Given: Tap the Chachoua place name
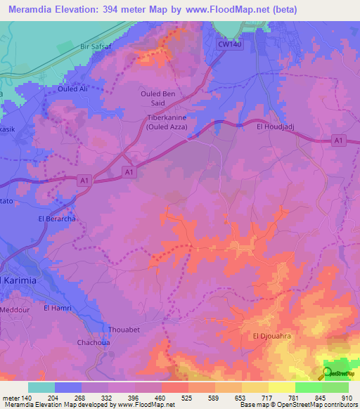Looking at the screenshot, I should (x=92, y=343).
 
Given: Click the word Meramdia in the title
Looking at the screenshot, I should (x=31, y=10).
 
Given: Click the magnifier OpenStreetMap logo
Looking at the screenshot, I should (x=328, y=373).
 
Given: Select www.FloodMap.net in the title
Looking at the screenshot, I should (x=228, y=10).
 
